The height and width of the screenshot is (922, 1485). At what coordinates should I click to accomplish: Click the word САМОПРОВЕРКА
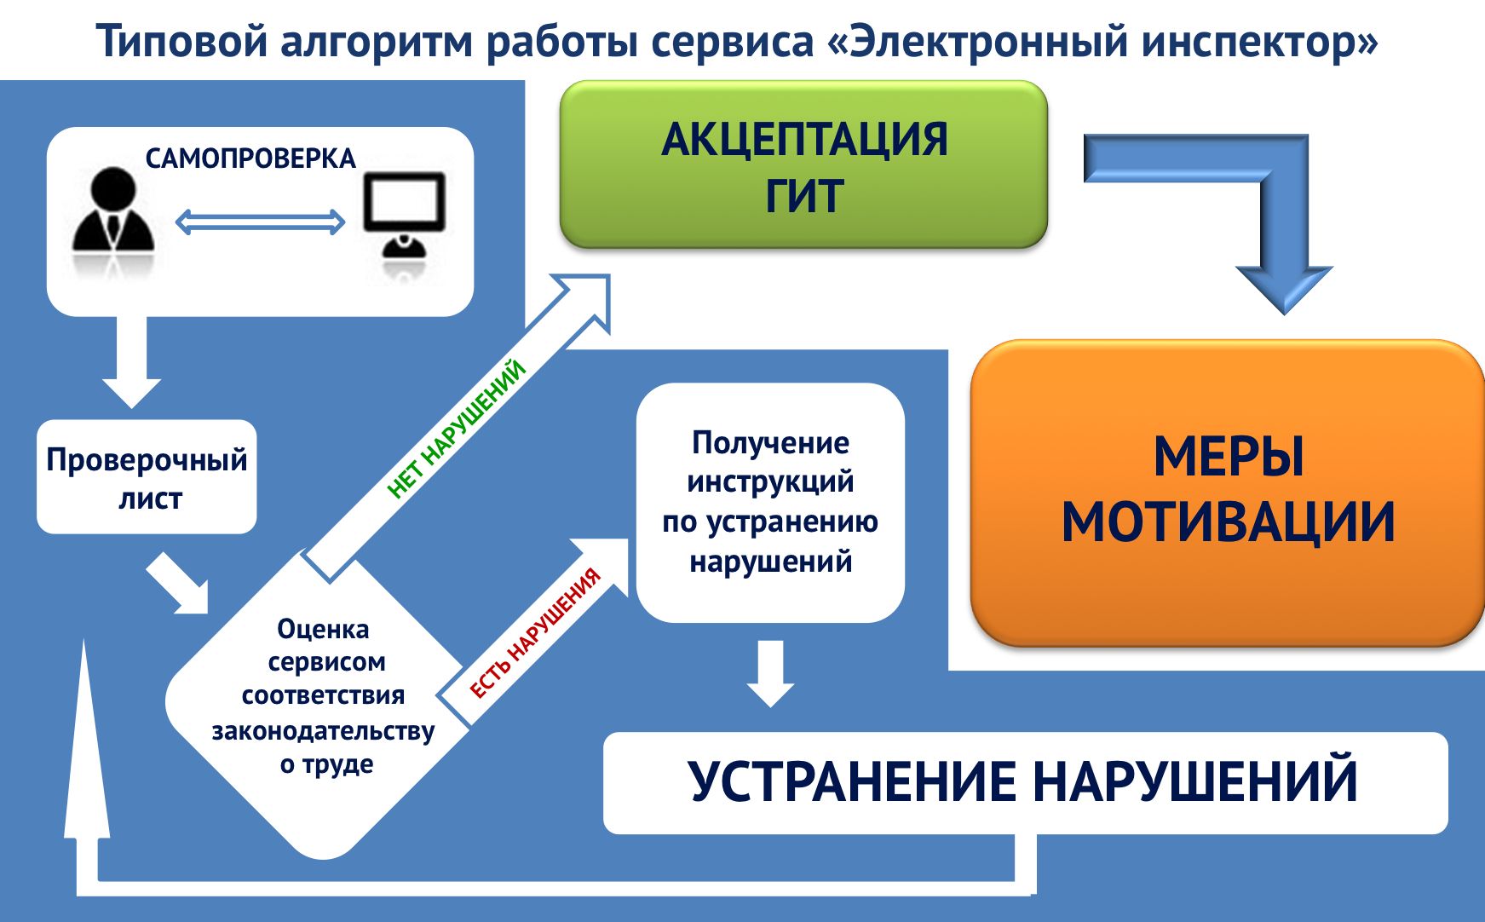pos(250,158)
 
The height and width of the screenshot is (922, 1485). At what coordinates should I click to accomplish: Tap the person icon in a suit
pos(112,213)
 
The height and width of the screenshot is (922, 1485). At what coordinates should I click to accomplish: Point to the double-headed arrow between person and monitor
pos(260,222)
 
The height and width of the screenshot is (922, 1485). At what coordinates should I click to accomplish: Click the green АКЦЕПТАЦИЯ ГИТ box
pos(803,165)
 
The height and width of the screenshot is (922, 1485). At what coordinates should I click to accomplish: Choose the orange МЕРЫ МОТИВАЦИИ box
pos(1227,493)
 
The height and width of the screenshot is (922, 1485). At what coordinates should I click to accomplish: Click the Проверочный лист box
pos(147,477)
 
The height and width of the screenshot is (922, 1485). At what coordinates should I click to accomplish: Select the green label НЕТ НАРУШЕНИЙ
pos(457,428)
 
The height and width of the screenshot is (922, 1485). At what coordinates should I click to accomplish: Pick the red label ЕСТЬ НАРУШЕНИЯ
pos(536,631)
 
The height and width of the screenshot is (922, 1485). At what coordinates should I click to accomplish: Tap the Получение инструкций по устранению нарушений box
pos(770,503)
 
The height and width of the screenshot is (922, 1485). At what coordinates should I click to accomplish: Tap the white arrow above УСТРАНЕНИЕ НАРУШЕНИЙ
pos(770,673)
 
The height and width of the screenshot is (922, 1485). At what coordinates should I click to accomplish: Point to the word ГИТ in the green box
pos(803,196)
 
